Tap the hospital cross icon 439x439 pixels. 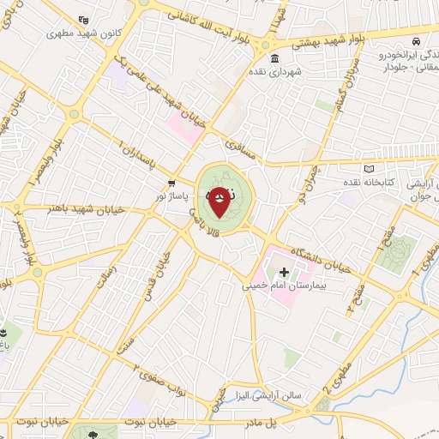285,272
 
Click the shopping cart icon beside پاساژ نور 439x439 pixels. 172,183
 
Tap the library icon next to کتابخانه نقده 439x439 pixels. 370,169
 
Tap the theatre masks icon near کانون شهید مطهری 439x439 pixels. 82,20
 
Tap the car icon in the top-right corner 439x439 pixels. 415,41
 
